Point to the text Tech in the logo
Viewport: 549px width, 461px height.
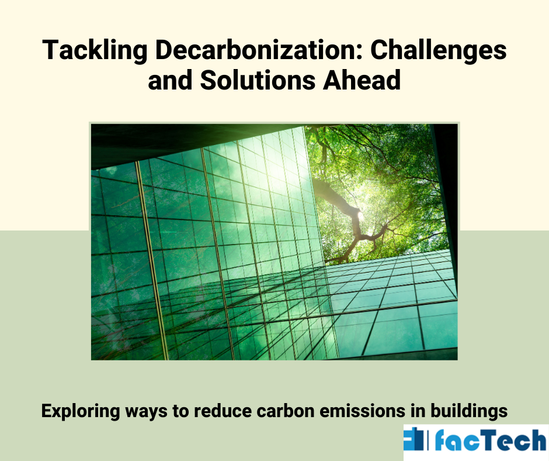[x=513, y=441]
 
